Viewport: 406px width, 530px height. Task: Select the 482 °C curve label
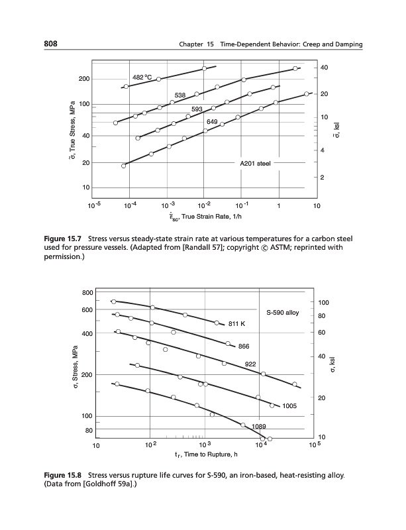142,78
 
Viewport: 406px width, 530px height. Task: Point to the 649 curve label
212,121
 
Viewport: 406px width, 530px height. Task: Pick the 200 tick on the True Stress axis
84,79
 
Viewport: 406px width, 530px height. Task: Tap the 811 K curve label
237,325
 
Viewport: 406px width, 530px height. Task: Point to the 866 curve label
243,346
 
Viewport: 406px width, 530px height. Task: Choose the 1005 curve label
291,405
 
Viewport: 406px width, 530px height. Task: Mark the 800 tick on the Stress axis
87,293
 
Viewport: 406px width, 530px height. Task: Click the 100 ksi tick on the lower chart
323,303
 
